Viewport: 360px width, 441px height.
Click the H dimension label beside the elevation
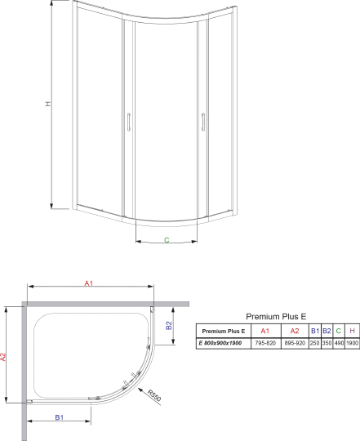[x=48, y=105]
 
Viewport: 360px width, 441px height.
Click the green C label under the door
[x=167, y=240]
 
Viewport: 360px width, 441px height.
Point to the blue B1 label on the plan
[x=60, y=418]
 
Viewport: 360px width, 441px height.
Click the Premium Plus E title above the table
[x=276, y=315]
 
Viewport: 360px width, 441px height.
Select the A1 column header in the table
[x=264, y=330]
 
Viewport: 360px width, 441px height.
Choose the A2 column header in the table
[x=295, y=330]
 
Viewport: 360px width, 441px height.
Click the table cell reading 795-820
[x=264, y=343]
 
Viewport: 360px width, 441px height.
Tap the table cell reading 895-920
[x=295, y=343]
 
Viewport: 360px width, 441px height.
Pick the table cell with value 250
[x=315, y=343]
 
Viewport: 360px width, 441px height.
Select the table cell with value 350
[x=327, y=343]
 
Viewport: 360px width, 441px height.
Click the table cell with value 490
[x=338, y=343]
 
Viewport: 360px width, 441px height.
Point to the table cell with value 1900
[x=352, y=343]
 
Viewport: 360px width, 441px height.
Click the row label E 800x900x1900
[x=221, y=343]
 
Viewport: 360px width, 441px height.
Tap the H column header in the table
[x=352, y=330]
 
